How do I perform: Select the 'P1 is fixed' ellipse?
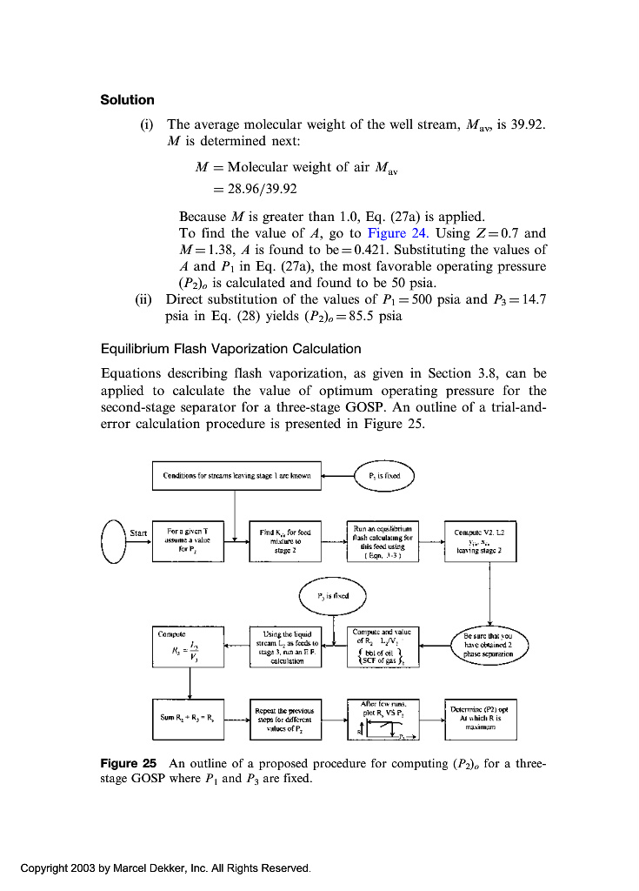(384, 476)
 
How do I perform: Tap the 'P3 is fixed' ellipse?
(334, 597)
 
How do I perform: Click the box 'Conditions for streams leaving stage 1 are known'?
(236, 476)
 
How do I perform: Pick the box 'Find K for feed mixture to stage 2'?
(286, 539)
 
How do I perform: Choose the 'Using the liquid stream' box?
(286, 647)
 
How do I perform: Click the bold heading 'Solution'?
(127, 100)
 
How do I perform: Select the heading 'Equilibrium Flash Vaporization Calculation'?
(231, 349)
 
